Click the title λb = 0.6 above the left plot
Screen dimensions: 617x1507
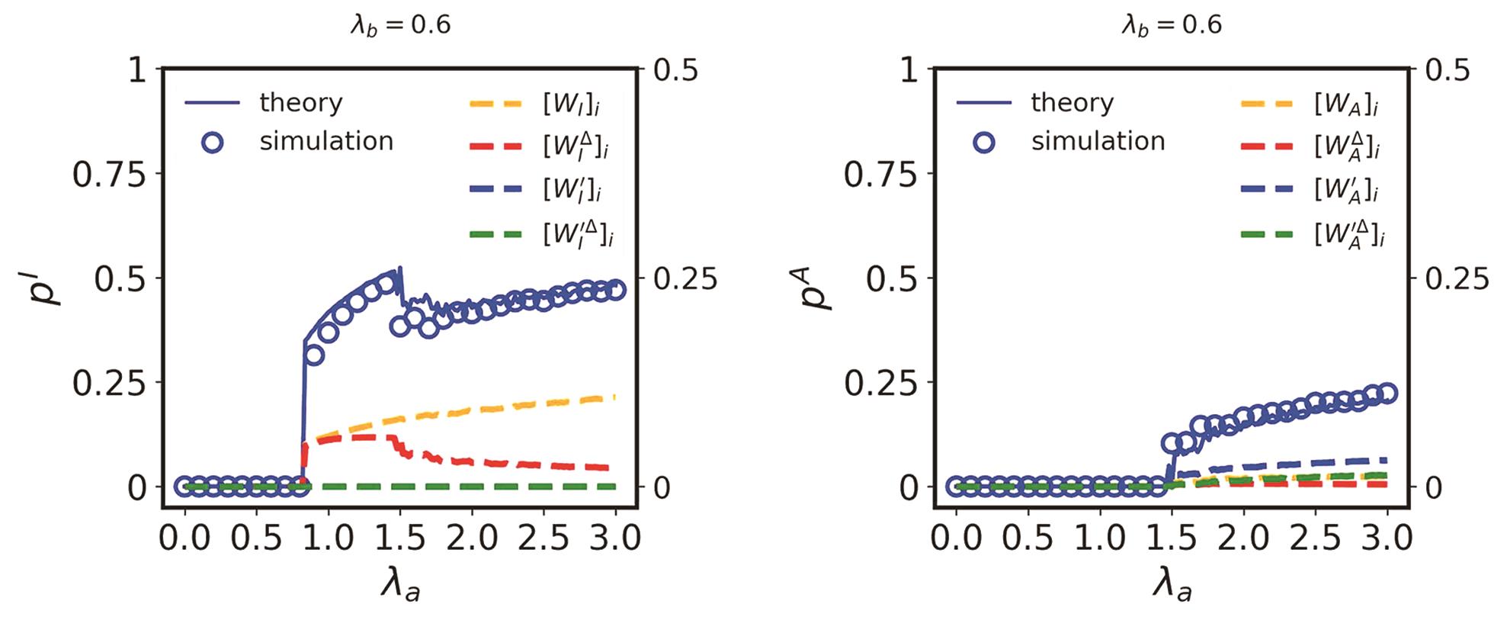pos(400,25)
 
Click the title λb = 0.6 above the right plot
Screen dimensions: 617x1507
pos(1172,25)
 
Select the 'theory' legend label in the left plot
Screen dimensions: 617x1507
pos(300,102)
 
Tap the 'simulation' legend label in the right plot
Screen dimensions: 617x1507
pos(1098,141)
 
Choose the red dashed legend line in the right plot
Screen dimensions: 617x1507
pos(1266,145)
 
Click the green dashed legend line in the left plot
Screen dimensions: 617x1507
pos(495,233)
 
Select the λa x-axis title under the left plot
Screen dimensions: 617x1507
pos(400,587)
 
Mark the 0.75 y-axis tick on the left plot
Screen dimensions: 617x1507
pos(108,175)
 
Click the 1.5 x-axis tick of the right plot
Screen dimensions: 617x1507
pos(1172,538)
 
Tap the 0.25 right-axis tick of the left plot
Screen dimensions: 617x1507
pos(685,279)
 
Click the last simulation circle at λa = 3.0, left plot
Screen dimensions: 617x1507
pos(616,290)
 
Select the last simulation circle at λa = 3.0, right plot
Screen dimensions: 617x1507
pos(1387,393)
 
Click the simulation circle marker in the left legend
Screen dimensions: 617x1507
pos(213,142)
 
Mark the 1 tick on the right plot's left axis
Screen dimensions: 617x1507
pos(909,70)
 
